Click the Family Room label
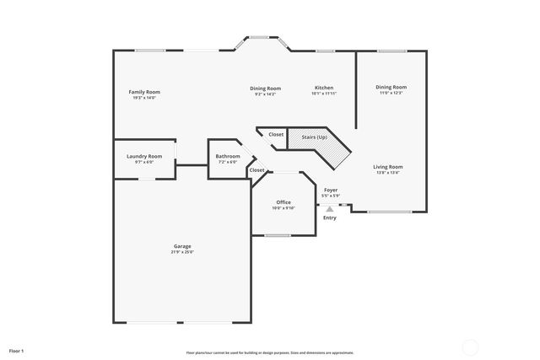(x=144, y=92)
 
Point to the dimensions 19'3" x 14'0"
(x=144, y=98)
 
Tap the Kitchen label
(x=324, y=88)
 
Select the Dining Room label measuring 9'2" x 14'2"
(x=265, y=88)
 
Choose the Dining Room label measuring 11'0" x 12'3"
(x=391, y=87)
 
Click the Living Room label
(x=388, y=167)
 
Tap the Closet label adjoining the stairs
(x=276, y=135)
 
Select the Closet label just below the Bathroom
(x=256, y=170)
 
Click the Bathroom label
(x=228, y=156)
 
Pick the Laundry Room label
(x=144, y=156)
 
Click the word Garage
(x=182, y=246)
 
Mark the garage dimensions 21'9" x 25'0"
(x=182, y=252)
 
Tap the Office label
(x=283, y=202)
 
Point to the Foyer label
(x=331, y=191)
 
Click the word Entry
(x=329, y=218)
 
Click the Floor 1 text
(x=17, y=350)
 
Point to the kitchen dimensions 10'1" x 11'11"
(x=324, y=94)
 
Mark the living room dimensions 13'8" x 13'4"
(x=388, y=173)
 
